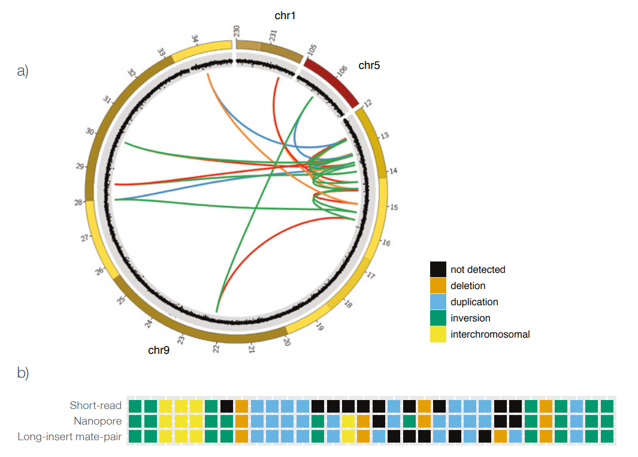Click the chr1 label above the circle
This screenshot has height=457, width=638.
pyautogui.click(x=285, y=16)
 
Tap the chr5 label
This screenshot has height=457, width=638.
pyautogui.click(x=369, y=65)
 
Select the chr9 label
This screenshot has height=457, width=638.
pyautogui.click(x=159, y=350)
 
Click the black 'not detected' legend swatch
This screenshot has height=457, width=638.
pyautogui.click(x=439, y=270)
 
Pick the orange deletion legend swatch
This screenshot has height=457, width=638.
pyautogui.click(x=439, y=286)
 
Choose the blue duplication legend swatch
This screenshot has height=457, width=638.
pyautogui.click(x=439, y=302)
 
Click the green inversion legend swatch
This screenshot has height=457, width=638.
pyautogui.click(x=439, y=318)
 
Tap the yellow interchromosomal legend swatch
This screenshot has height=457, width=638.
pyautogui.click(x=439, y=335)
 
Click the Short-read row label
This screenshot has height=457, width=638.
pyautogui.click(x=95, y=406)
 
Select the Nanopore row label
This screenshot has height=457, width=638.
pyautogui.click(x=98, y=421)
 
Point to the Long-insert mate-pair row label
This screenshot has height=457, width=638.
pyautogui.click(x=69, y=437)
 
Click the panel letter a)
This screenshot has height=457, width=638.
pyautogui.click(x=23, y=71)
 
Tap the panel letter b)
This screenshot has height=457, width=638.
pyautogui.click(x=23, y=372)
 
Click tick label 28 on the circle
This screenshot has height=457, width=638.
pyautogui.click(x=78, y=203)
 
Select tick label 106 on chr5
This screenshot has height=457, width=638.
pyautogui.click(x=342, y=71)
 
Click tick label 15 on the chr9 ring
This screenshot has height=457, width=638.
pyautogui.click(x=394, y=207)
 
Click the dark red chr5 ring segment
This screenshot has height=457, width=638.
pyautogui.click(x=331, y=80)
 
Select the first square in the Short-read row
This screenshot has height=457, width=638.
pyautogui.click(x=135, y=406)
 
